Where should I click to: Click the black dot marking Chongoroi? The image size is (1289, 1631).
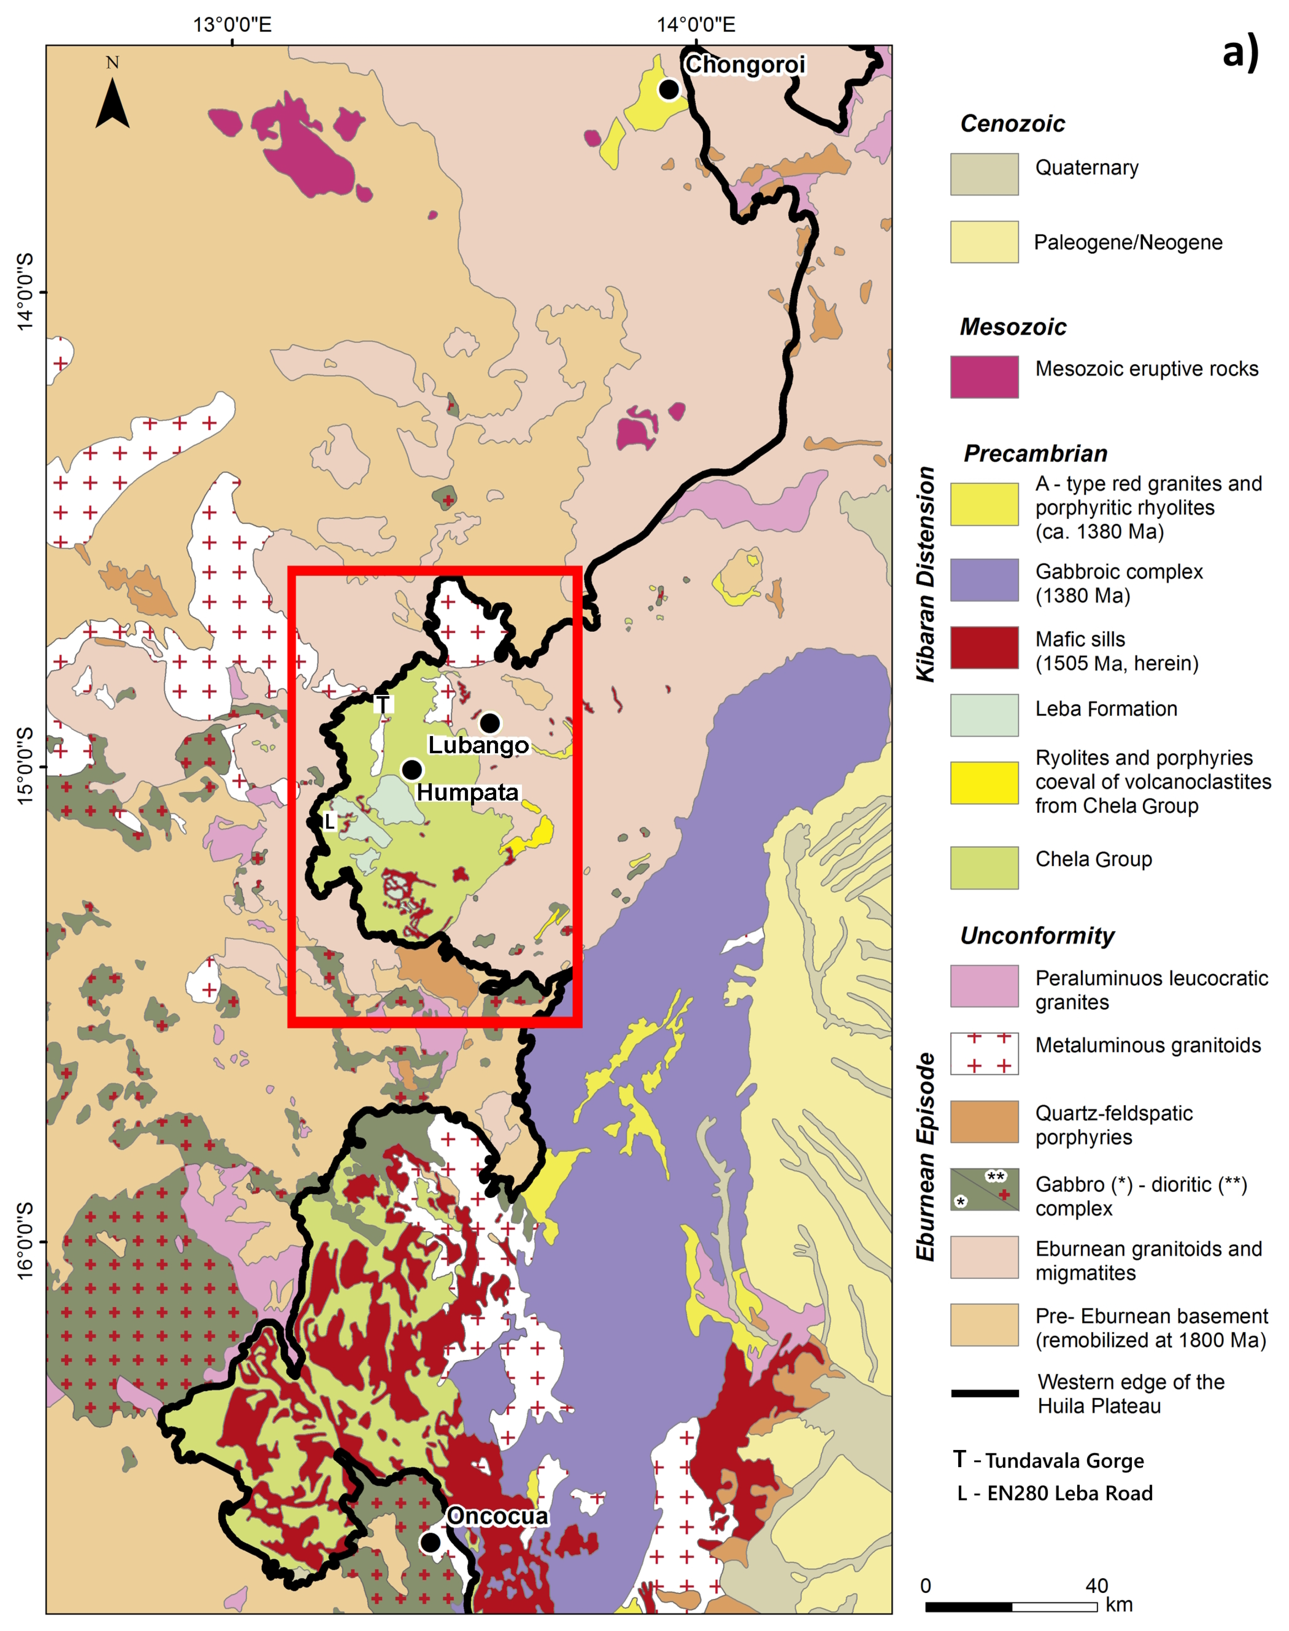coord(669,89)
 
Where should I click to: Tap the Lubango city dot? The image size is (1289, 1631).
coord(490,723)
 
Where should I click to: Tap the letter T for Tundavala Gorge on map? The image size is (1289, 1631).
coord(382,704)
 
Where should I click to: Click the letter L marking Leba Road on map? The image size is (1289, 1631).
coord(329,821)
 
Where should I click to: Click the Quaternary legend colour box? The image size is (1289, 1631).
coord(984,174)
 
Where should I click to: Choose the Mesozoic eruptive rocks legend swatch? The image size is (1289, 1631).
coord(984,376)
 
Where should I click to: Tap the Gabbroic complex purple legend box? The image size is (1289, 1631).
coord(984,580)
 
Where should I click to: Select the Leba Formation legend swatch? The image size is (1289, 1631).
coord(984,715)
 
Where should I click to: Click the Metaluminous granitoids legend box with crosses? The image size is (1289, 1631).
coord(984,1053)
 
